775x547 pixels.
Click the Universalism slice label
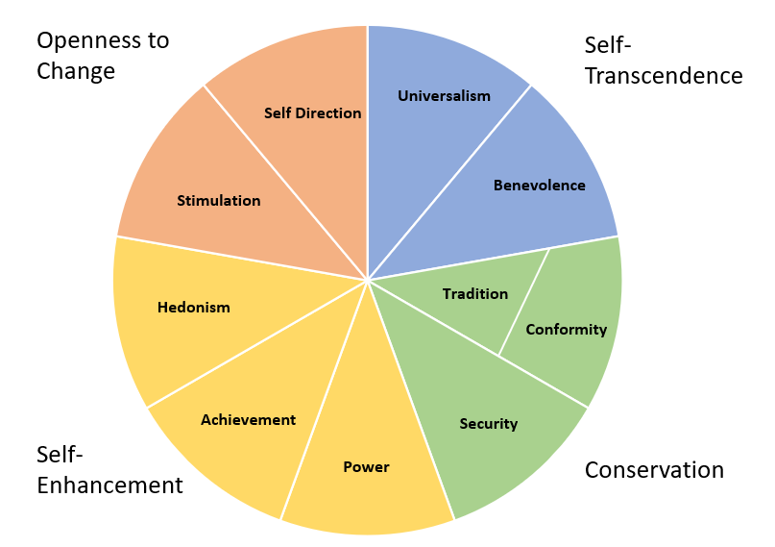click(x=444, y=95)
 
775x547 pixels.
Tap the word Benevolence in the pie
click(x=539, y=185)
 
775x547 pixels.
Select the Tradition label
click(x=475, y=293)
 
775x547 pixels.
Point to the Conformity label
click(x=566, y=329)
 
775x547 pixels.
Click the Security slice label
click(x=488, y=423)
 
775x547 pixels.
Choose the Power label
click(x=366, y=467)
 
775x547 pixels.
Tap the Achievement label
click(x=248, y=419)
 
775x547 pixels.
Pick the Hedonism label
click(x=193, y=308)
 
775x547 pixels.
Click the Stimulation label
click(x=218, y=200)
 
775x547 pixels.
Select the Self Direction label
click(x=312, y=112)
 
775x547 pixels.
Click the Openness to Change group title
click(x=102, y=56)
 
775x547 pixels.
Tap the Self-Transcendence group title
click(x=663, y=60)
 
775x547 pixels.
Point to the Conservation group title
click(x=654, y=469)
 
